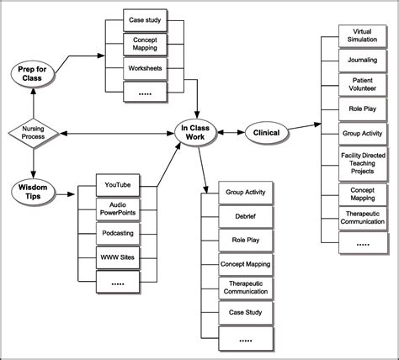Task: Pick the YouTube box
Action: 118,184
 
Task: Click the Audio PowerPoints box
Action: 118,207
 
